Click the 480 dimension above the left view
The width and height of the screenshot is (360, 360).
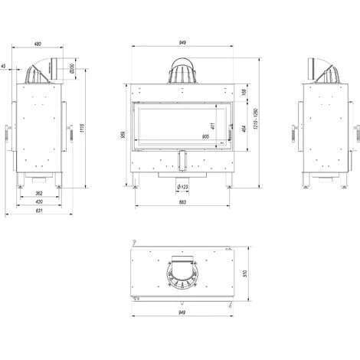coord(38,44)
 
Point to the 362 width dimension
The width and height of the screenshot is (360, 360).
coord(38,193)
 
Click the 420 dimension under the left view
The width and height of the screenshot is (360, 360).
coord(38,202)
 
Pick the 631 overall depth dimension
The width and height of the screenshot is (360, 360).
coord(38,212)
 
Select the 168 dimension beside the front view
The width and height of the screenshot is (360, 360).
coord(244,92)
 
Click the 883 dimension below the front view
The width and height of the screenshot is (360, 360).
coord(182,203)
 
